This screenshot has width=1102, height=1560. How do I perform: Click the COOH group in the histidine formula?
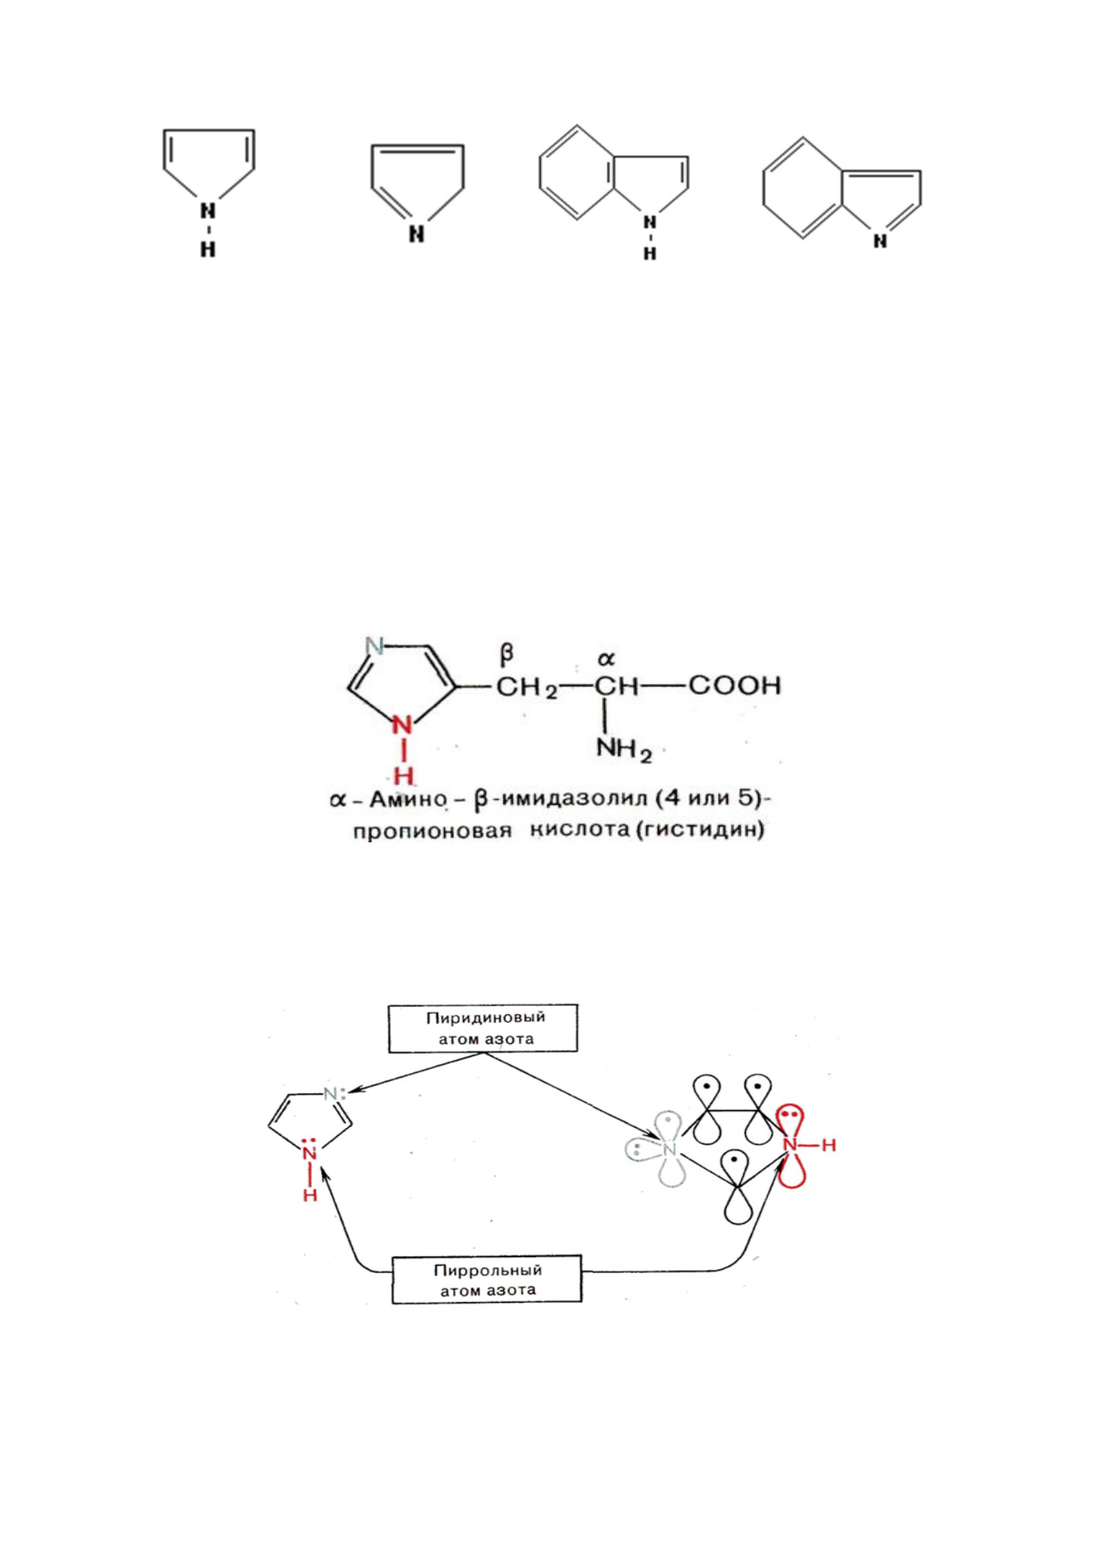point(735,686)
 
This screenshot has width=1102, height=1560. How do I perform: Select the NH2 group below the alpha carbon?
point(624,750)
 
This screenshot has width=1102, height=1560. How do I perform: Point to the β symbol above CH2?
point(507,654)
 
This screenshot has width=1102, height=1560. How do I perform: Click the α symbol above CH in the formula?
point(605,658)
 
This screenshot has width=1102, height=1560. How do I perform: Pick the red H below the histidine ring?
point(403,776)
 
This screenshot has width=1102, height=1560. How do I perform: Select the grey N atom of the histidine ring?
point(374,647)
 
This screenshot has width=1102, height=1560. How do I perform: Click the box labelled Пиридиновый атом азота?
point(483,1028)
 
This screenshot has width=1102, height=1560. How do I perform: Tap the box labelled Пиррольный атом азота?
point(487,1280)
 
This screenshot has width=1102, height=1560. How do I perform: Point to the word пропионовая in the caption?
point(432,831)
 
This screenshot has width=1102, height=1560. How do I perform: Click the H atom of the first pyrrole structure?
point(208,249)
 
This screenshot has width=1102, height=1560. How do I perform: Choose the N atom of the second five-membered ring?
point(416,234)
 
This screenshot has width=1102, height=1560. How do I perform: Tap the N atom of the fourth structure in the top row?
point(880,241)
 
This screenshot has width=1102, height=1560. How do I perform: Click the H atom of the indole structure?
point(649,253)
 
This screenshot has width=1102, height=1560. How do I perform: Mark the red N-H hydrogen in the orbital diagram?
point(828,1145)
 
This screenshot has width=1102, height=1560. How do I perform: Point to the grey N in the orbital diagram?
point(669,1150)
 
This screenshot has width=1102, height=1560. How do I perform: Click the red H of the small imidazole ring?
point(310,1195)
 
